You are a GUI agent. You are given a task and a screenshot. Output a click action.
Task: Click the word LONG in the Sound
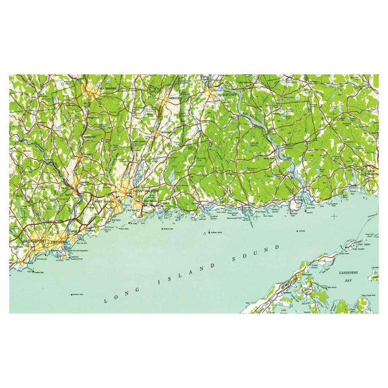coord(122,295)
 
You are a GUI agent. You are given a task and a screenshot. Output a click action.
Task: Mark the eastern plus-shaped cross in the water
coord(334,215)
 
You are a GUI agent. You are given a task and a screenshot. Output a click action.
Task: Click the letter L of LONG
coord(106,301)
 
